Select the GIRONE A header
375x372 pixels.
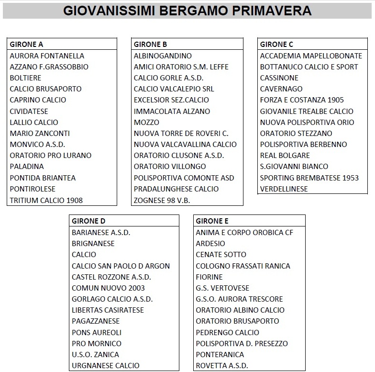27,45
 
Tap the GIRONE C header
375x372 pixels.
276,45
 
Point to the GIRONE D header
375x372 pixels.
88,221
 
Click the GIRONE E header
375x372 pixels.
212,221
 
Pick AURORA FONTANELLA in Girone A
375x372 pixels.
47,56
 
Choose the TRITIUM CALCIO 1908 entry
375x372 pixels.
46,200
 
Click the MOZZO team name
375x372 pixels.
146,122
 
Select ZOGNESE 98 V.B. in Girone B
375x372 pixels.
161,200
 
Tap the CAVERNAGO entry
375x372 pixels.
281,89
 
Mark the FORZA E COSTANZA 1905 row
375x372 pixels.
302,100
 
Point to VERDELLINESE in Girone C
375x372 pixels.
284,189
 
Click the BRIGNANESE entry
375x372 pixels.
93,243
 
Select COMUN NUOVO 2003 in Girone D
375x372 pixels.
108,288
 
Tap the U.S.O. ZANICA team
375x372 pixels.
95,354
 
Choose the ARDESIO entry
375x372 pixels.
210,243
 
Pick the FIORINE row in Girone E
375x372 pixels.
209,277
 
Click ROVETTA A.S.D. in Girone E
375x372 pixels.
222,366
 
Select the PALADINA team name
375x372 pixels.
27,167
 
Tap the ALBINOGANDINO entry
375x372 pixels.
163,56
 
